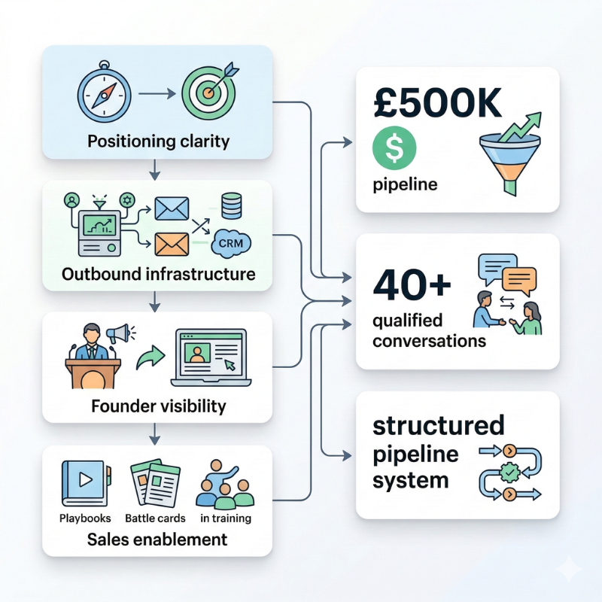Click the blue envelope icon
click(172, 208)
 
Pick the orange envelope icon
click(172, 244)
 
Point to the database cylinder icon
click(230, 205)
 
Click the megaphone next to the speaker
click(119, 333)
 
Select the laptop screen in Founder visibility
click(210, 353)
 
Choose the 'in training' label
click(226, 518)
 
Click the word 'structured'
click(439, 426)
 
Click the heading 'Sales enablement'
click(157, 539)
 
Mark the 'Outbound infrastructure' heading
click(158, 274)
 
